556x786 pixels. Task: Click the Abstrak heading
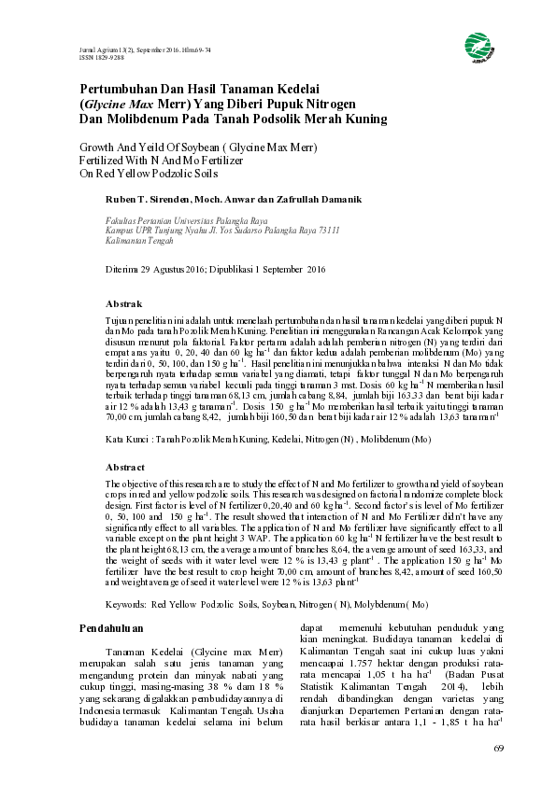coord(124,304)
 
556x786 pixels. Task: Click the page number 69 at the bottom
coord(498,749)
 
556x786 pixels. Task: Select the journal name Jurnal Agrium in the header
coord(93,48)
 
